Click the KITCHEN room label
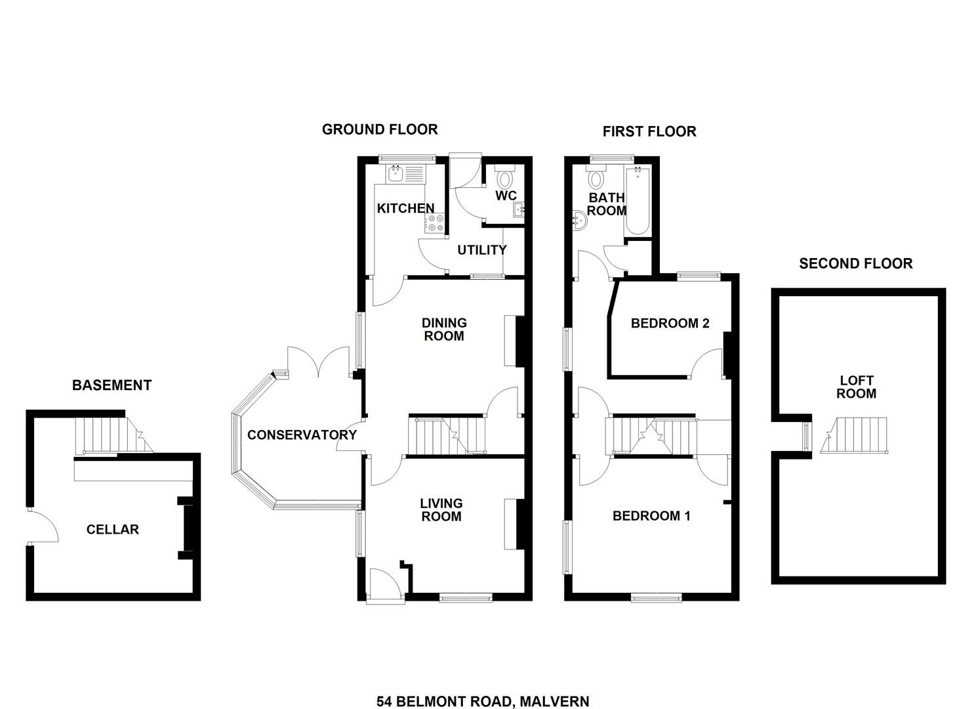click(405, 208)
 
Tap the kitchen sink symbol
click(396, 173)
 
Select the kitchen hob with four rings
click(436, 224)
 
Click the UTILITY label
click(482, 250)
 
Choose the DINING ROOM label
click(444, 330)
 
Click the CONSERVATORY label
click(302, 435)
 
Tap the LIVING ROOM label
click(441, 510)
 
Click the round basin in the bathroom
click(580, 221)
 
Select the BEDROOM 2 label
click(670, 323)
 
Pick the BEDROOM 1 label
click(651, 516)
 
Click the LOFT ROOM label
click(857, 387)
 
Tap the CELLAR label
click(113, 530)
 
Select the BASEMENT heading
click(112, 385)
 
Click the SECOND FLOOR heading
click(856, 264)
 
